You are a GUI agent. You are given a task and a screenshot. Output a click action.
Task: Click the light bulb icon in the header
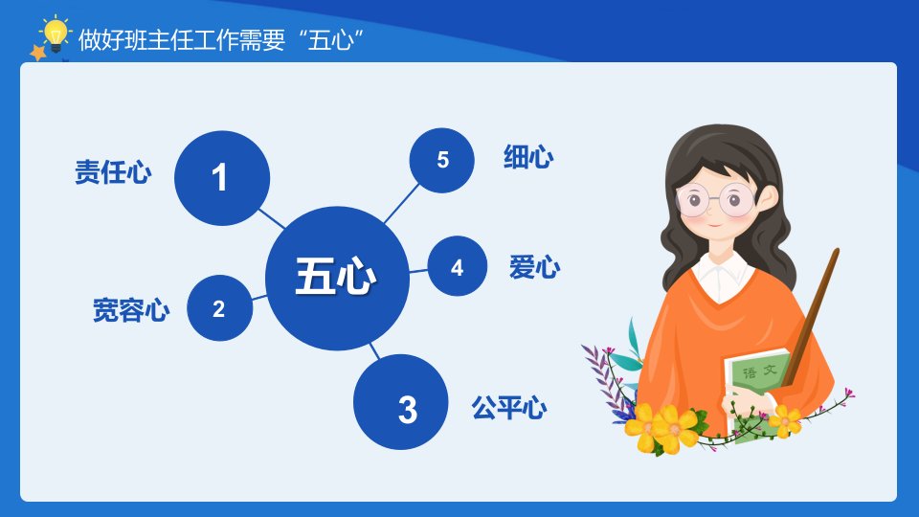pyautogui.click(x=56, y=34)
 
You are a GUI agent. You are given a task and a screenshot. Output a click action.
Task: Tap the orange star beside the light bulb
pyautogui.click(x=38, y=53)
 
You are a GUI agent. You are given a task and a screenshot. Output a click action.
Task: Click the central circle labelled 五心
pyautogui.click(x=337, y=278)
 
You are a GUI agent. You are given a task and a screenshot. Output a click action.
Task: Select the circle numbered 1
pyautogui.click(x=222, y=178)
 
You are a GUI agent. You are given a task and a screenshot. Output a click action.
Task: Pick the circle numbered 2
pyautogui.click(x=220, y=307)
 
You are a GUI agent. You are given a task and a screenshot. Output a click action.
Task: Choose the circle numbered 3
pyautogui.click(x=401, y=402)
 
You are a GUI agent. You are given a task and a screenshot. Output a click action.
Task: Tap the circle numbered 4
pyautogui.click(x=458, y=266)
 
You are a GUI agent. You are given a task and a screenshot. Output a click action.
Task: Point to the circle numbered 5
pyautogui.click(x=442, y=160)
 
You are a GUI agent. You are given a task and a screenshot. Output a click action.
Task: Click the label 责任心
pyautogui.click(x=113, y=172)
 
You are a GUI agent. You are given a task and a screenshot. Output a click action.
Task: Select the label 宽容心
pyautogui.click(x=131, y=310)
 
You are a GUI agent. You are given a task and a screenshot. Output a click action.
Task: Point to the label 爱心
pyautogui.click(x=534, y=267)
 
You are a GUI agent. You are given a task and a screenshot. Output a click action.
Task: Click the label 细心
pyautogui.click(x=528, y=157)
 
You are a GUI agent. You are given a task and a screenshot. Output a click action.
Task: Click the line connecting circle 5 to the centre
pyautogui.click(x=401, y=203)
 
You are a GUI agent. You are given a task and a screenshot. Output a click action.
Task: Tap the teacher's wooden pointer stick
pyautogui.click(x=811, y=317)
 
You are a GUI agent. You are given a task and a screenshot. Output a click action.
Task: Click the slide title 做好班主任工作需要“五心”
pyautogui.click(x=220, y=40)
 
